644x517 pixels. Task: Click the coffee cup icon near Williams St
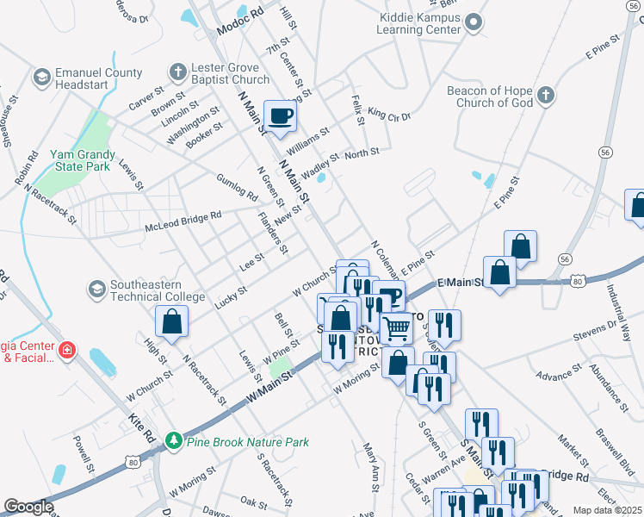(x=280, y=116)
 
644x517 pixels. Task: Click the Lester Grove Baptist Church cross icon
(x=177, y=72)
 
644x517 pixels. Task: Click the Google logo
(x=28, y=507)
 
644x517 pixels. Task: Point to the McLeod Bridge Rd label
(x=183, y=221)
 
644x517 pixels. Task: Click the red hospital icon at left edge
(x=67, y=350)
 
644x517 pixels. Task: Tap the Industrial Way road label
(x=622, y=310)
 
